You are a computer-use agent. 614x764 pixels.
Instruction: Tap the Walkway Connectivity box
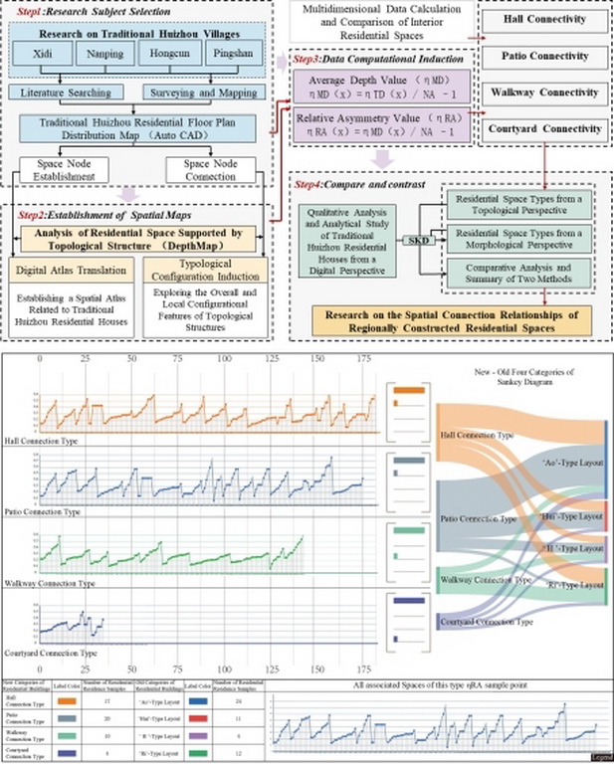542,93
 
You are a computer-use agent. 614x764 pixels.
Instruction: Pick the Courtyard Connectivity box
542,127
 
